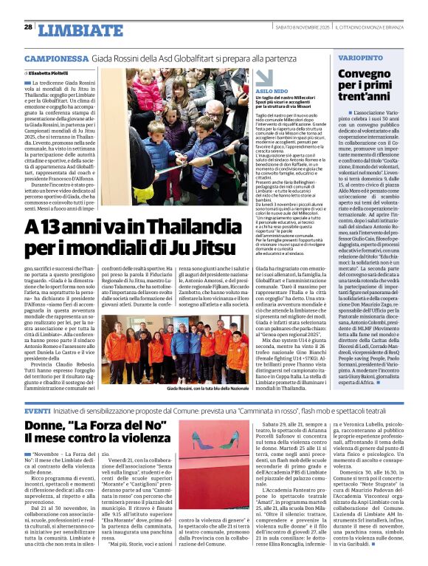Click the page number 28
(x=28, y=27)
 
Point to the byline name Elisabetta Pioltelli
(x=52, y=74)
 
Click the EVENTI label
(x=38, y=410)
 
